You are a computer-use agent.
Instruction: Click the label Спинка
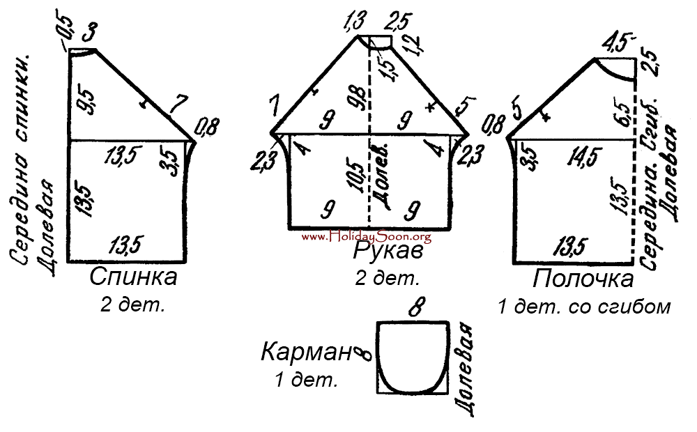[133, 278]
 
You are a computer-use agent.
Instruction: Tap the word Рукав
[386, 250]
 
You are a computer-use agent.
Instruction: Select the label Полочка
[583, 279]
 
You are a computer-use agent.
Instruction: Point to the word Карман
[305, 353]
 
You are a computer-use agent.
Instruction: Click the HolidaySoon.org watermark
[367, 237]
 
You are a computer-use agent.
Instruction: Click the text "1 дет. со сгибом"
[584, 307]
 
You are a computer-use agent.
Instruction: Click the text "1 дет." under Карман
[307, 380]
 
